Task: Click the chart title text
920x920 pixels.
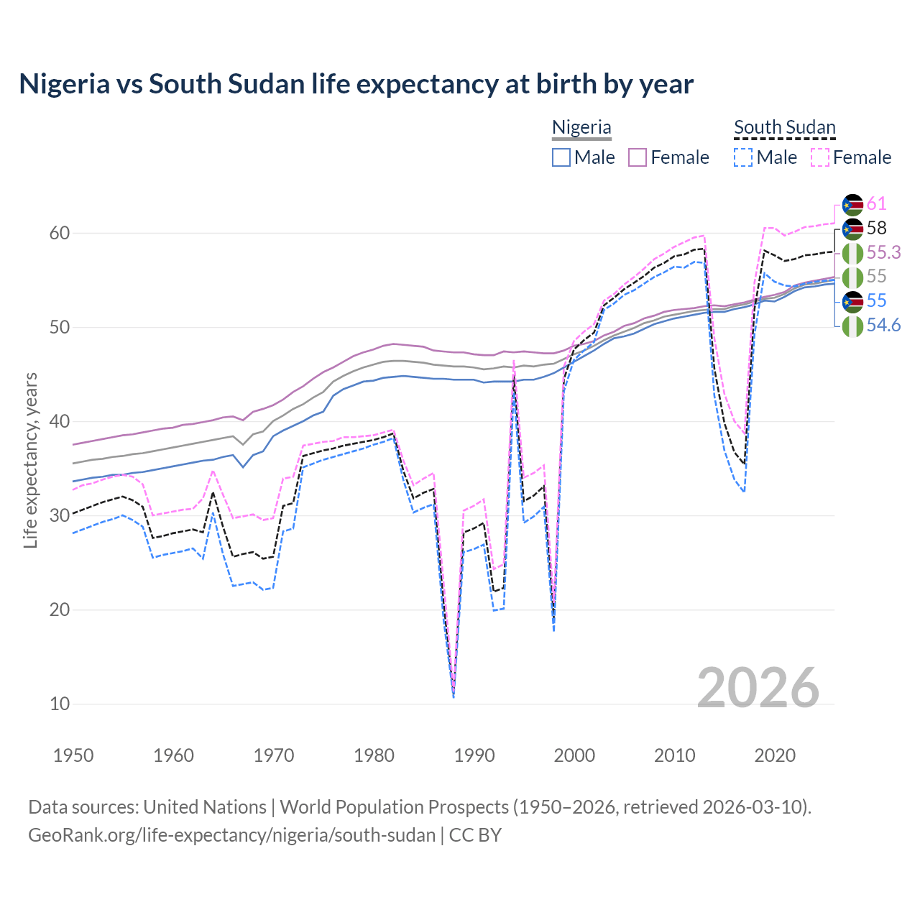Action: point(356,84)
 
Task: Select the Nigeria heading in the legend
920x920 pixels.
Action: point(581,127)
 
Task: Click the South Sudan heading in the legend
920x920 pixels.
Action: point(784,127)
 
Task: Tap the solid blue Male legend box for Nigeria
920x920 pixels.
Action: point(561,157)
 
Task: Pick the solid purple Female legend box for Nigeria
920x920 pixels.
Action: point(638,157)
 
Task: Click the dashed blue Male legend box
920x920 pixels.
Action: point(743,157)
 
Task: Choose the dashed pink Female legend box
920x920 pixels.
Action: point(820,157)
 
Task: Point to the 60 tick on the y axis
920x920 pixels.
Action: point(60,233)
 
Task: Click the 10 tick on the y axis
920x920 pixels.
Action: point(60,704)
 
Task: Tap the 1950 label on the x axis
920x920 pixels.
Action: point(73,755)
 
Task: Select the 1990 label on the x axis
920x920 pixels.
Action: point(474,755)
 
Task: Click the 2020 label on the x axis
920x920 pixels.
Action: point(775,755)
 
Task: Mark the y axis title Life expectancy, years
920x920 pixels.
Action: point(30,460)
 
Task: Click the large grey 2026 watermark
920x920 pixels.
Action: point(758,688)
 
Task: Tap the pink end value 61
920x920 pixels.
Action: point(876,204)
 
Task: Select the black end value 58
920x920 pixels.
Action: point(876,228)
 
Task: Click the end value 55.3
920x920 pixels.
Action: point(883,252)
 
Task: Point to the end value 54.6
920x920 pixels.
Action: point(883,326)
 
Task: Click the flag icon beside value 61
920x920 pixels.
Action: point(852,205)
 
